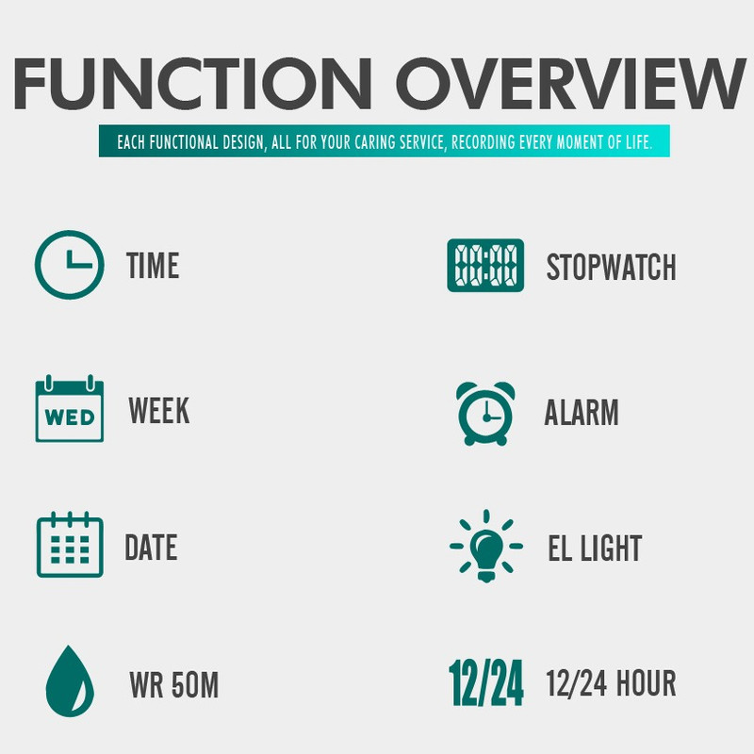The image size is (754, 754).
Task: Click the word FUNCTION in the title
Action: pos(192,83)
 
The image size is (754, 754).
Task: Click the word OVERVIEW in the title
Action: pos(571,83)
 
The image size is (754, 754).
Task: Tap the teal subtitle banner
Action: pos(385,140)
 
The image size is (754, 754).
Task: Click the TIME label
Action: pos(153,266)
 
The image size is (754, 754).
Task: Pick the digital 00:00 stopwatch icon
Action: pos(485,266)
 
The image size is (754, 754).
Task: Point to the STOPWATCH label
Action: pos(611,267)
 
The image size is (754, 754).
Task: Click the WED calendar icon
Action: pos(70,409)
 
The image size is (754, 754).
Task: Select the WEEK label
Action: pos(159,411)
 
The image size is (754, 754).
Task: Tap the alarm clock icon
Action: pos(485,414)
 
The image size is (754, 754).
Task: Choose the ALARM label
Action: pos(582,413)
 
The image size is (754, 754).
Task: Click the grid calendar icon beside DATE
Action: pos(70,545)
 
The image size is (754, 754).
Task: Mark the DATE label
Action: pos(151,548)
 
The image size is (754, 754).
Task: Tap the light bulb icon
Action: pos(486,546)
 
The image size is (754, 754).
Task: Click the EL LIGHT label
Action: pos(596,548)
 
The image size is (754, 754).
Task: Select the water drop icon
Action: pos(70,680)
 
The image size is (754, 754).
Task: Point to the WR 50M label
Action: pos(174,685)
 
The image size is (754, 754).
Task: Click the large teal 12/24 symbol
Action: pos(486,682)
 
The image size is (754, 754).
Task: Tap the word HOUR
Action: pos(647,682)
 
